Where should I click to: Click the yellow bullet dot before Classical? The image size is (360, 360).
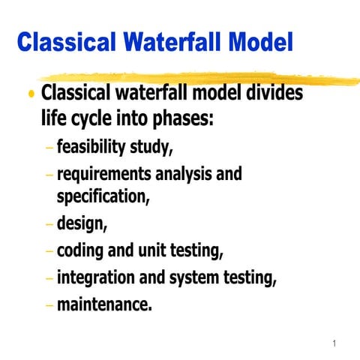[x=31, y=96]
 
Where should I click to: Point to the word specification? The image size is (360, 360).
[x=103, y=196]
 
